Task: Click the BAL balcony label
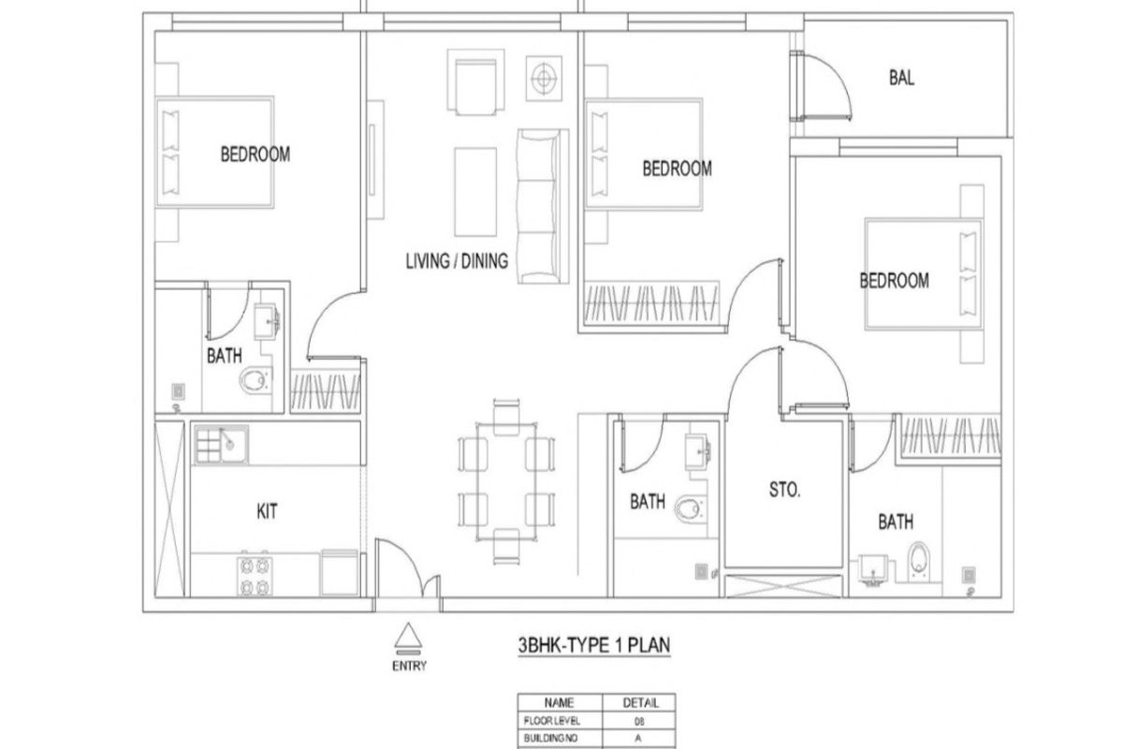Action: click(x=901, y=78)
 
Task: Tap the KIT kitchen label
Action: click(x=267, y=511)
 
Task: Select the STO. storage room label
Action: click(x=784, y=490)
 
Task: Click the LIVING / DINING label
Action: click(x=457, y=261)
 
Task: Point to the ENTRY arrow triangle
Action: click(x=408, y=635)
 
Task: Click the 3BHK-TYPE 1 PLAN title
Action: click(x=594, y=645)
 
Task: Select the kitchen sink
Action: click(x=221, y=445)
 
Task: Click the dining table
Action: click(x=506, y=481)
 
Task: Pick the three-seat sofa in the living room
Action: click(x=543, y=206)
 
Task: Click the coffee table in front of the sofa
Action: click(x=475, y=192)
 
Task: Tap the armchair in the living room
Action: click(x=475, y=82)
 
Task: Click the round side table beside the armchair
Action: click(x=544, y=79)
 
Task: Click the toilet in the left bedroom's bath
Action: click(x=255, y=380)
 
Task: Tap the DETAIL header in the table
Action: click(x=640, y=703)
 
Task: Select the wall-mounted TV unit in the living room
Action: click(x=375, y=159)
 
